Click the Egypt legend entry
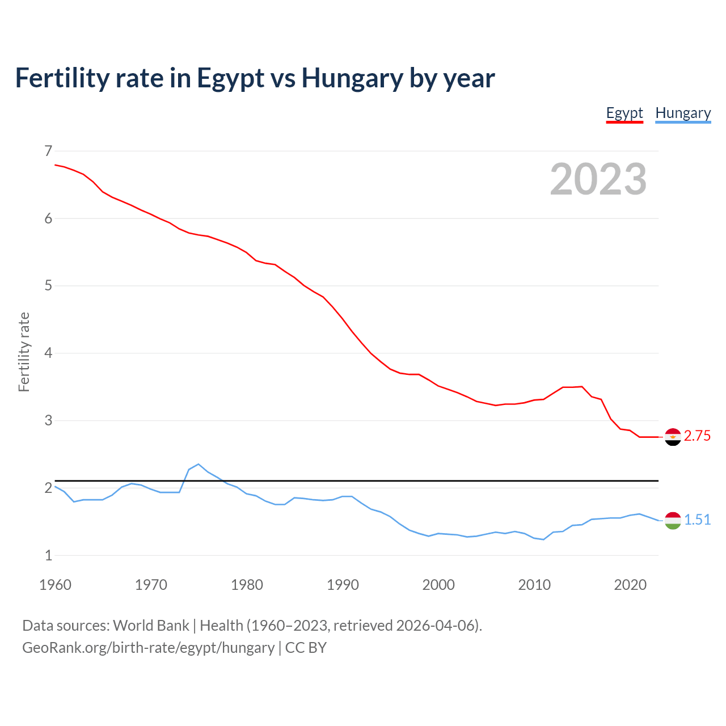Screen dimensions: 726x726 [x=624, y=113]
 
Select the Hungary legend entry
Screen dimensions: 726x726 [x=683, y=113]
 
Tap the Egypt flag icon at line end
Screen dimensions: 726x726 [x=673, y=437]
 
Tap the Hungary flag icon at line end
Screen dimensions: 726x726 [x=673, y=520]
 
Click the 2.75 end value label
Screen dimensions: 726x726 [x=697, y=436]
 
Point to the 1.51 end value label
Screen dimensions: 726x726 [x=697, y=520]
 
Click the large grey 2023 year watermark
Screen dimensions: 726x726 [x=598, y=179]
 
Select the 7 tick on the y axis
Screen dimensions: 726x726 [x=48, y=151]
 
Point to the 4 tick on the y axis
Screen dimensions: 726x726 [x=48, y=353]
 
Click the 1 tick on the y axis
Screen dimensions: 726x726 [x=48, y=556]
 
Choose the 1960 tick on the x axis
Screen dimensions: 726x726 [x=55, y=585]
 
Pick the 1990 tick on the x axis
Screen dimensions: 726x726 [x=343, y=585]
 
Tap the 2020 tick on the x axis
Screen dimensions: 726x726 [x=630, y=585]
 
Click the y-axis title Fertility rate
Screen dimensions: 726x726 [x=24, y=352]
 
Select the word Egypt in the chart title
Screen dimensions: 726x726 [x=230, y=78]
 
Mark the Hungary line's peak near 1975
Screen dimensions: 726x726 [x=198, y=464]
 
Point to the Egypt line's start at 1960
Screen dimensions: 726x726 [x=56, y=164]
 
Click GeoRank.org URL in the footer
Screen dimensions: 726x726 [x=148, y=648]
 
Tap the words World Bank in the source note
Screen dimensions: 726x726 [x=151, y=626]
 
